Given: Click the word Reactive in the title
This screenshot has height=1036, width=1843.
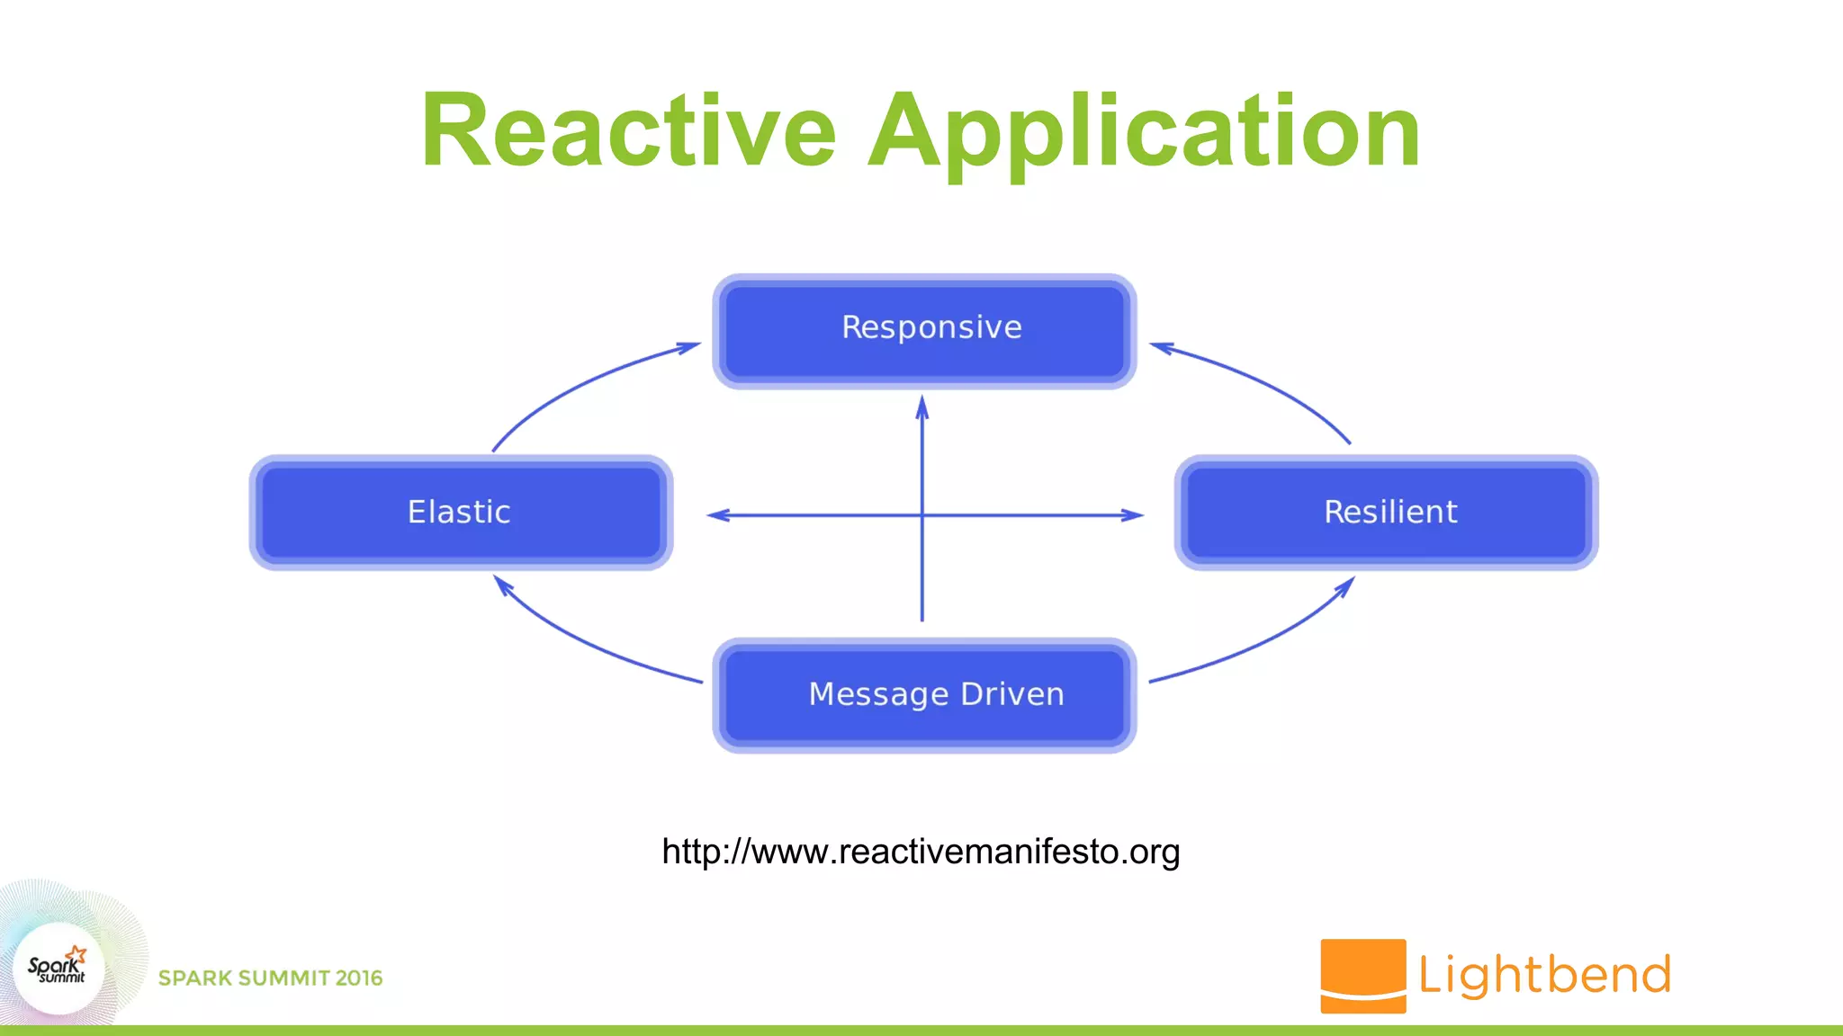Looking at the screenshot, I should coord(628,131).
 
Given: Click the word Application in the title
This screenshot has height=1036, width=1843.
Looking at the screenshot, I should coord(1144,131).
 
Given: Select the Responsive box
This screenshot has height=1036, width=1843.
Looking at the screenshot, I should coord(924,330).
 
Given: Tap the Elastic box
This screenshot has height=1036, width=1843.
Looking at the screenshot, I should coord(461,513).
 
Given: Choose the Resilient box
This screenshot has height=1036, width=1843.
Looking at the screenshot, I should coord(1386,513).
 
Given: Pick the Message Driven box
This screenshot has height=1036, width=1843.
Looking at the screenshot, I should coord(924,695).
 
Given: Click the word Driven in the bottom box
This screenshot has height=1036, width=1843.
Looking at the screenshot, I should coord(1012,694).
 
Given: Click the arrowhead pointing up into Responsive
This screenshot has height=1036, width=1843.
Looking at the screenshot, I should coord(921,407).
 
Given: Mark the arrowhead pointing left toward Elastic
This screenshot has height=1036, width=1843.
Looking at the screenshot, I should coord(718,515).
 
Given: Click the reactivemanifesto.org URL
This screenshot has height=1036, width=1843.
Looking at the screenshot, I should coord(921,852).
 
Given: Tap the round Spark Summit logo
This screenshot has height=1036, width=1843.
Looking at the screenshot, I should coord(58,969).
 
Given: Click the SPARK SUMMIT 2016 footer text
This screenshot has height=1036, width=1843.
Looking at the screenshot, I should coord(270,978).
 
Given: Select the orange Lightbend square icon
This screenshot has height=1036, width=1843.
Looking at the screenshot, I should coord(1362,976).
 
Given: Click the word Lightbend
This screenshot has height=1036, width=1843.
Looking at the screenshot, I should coord(1544,975).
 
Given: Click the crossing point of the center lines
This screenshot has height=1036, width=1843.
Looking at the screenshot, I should coord(921,515).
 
